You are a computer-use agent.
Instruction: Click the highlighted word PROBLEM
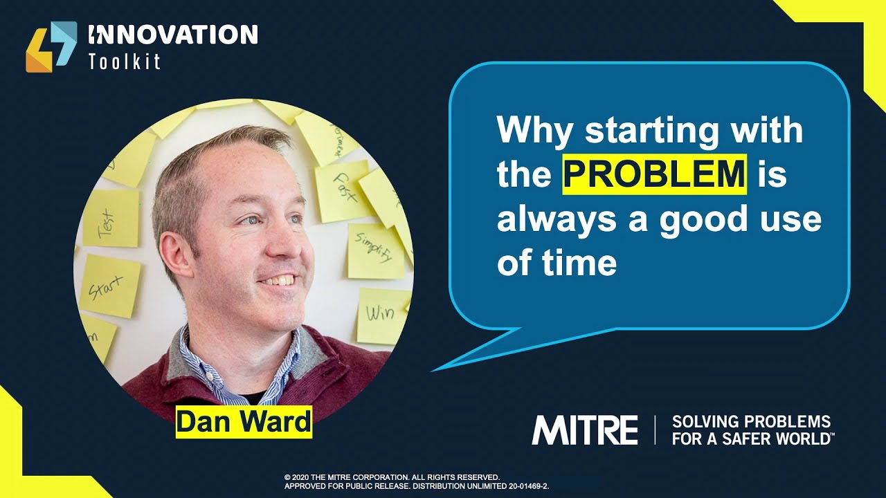point(654,174)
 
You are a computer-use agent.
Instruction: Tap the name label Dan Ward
point(244,421)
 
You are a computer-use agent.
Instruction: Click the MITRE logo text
point(584,430)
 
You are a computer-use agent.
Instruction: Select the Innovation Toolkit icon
point(51,46)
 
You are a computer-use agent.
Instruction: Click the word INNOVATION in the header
point(173,35)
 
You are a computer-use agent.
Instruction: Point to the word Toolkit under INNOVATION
point(125,62)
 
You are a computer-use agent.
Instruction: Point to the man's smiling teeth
point(281,280)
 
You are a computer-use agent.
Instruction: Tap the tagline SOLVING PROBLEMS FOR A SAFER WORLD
point(752,430)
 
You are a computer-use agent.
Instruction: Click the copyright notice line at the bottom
point(392,477)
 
